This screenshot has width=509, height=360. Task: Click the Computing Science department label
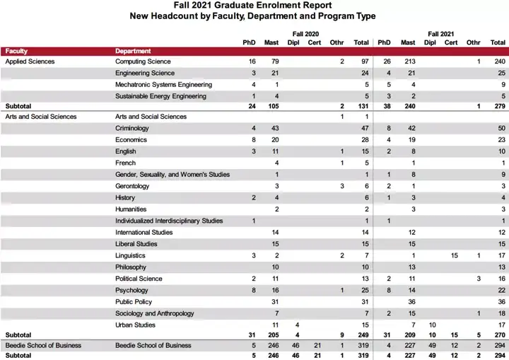(143, 62)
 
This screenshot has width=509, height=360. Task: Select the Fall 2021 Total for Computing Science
(500, 62)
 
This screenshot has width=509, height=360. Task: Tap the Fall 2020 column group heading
(305, 34)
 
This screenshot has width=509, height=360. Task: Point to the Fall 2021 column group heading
(441, 34)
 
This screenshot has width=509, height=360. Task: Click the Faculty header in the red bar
(16, 51)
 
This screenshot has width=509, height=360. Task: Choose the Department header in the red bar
(133, 51)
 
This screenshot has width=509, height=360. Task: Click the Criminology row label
(131, 128)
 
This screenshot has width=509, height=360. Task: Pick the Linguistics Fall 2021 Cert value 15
(454, 256)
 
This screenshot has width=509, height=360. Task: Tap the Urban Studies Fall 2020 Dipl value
(297, 325)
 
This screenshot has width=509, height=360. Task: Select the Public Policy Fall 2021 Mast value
(411, 302)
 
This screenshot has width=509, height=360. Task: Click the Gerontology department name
(132, 186)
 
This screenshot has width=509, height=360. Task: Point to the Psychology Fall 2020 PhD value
(254, 290)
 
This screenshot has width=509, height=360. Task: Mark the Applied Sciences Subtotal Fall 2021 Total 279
(500, 106)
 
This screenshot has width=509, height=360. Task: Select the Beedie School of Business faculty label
(43, 345)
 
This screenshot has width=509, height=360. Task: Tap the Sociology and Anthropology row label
(155, 313)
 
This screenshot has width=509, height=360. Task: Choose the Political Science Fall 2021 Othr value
(479, 279)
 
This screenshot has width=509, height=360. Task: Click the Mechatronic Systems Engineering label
(163, 85)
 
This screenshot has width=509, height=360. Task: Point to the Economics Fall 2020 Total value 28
(365, 140)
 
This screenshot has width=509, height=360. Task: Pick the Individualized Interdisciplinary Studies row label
(169, 221)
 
